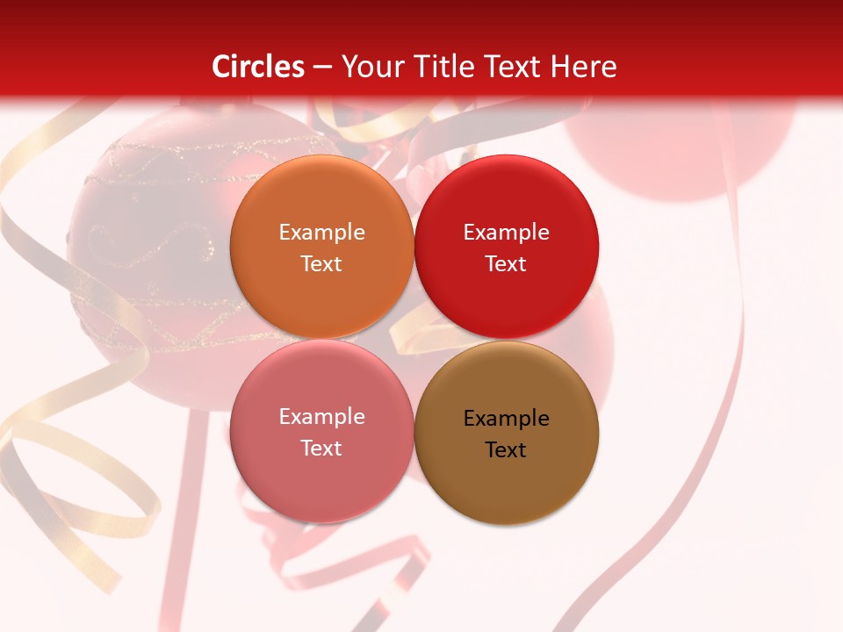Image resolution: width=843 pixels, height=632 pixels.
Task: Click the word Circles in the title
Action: (x=258, y=67)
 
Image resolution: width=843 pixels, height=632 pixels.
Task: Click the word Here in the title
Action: (x=584, y=67)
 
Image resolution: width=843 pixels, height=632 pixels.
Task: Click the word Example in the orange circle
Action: (x=321, y=233)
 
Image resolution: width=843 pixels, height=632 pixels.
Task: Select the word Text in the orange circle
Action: (x=321, y=264)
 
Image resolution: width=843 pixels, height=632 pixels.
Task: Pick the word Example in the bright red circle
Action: (x=506, y=233)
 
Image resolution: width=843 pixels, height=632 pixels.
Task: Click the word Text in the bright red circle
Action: (x=506, y=264)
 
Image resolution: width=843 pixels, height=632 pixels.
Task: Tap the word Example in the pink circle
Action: (x=321, y=417)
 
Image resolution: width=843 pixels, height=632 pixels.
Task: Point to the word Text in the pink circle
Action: (x=321, y=449)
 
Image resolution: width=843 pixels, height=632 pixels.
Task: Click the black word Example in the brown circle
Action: (x=506, y=419)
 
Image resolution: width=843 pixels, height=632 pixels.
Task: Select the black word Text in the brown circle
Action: (x=506, y=450)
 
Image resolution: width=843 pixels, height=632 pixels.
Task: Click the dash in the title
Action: (x=322, y=68)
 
